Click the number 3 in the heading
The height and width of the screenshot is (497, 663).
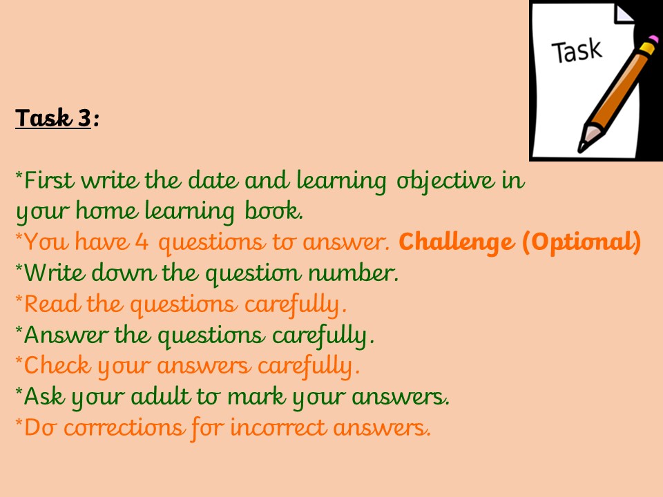click(x=84, y=118)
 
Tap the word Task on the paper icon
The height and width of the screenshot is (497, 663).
click(x=577, y=51)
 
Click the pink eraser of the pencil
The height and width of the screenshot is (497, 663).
click(x=653, y=39)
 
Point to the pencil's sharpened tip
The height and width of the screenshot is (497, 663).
click(x=582, y=148)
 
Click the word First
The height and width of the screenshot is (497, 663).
click(x=48, y=180)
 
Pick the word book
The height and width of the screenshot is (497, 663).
click(x=273, y=211)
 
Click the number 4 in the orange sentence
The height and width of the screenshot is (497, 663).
click(x=142, y=242)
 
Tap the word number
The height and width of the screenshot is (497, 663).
click(x=353, y=273)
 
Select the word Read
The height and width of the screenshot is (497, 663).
click(x=52, y=304)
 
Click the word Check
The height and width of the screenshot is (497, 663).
click(x=57, y=365)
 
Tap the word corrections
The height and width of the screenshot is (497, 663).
click(x=124, y=427)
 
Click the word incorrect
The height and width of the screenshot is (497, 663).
click(x=278, y=427)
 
